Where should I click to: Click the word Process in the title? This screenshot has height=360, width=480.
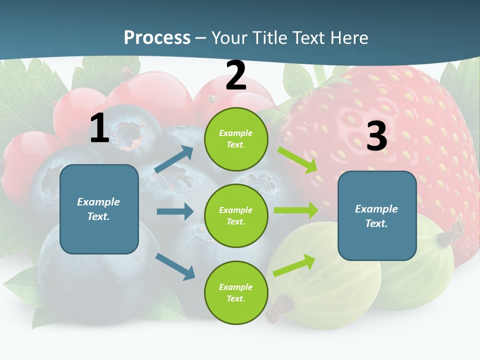[x=157, y=38]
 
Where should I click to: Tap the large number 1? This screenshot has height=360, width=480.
[x=99, y=128]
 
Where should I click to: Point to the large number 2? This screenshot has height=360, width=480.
[x=235, y=75]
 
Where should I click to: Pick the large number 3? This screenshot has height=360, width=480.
[x=376, y=136]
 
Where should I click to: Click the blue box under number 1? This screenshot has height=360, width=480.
[x=99, y=209]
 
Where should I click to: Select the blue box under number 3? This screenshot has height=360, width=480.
[x=377, y=216]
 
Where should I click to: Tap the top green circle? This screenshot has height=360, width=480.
[x=236, y=139]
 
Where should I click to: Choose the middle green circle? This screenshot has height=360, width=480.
[x=236, y=215]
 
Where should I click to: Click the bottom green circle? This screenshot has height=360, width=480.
[x=236, y=292]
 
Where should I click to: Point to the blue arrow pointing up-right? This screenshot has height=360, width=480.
[x=174, y=159]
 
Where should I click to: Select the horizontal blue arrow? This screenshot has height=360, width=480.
[x=175, y=211]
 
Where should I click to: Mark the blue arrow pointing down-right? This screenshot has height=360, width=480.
[x=175, y=266]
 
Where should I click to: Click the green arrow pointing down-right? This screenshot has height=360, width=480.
[x=297, y=159]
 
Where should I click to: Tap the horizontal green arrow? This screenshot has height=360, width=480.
[x=296, y=210]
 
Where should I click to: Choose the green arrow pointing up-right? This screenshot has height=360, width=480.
[x=294, y=265]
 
